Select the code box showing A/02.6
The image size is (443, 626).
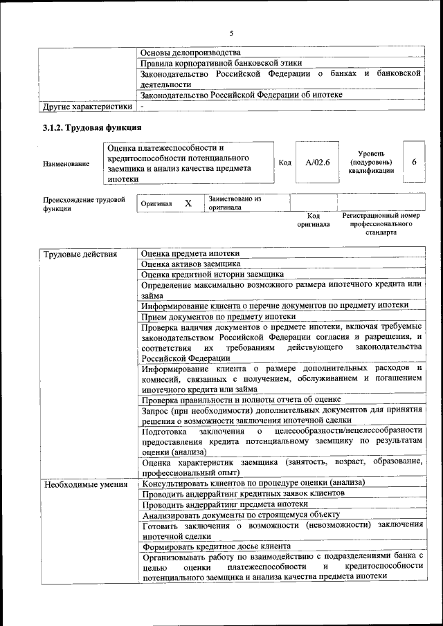pyautogui.click(x=318, y=162)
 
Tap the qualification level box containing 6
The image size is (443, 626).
pyautogui.click(x=413, y=161)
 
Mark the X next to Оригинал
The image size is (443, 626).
pyautogui.click(x=188, y=203)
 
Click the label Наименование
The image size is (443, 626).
pyautogui.click(x=66, y=163)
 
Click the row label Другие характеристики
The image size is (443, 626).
pyautogui.click(x=87, y=107)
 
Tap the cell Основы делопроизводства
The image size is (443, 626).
pyautogui.click(x=190, y=53)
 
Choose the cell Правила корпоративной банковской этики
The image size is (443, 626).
pyautogui.click(x=221, y=63)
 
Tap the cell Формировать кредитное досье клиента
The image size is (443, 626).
pyautogui.click(x=216, y=545)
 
